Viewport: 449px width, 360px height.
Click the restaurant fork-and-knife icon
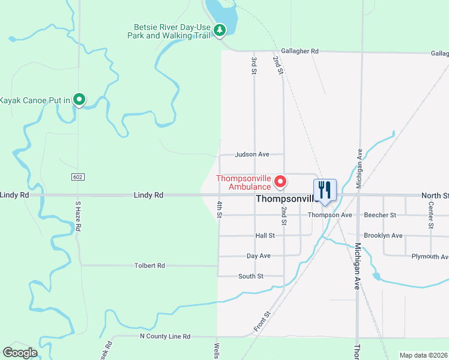pyautogui.click(x=325, y=190)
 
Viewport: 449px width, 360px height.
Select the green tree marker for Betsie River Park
pyautogui.click(x=220, y=29)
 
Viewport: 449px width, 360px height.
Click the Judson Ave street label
pyautogui.click(x=252, y=154)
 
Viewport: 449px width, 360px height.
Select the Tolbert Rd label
pyautogui.click(x=149, y=265)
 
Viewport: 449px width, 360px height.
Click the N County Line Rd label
pyautogui.click(x=164, y=337)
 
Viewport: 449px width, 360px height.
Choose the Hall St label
pyautogui.click(x=265, y=236)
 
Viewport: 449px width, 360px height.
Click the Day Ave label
pyautogui.click(x=259, y=256)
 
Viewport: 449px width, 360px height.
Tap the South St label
pyautogui.click(x=251, y=276)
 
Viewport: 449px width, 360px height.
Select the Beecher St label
pyautogui.click(x=380, y=215)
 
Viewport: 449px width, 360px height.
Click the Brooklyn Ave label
pyautogui.click(x=383, y=236)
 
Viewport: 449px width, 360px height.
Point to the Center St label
pyautogui.click(x=431, y=215)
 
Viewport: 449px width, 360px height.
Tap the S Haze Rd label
pyautogui.click(x=77, y=217)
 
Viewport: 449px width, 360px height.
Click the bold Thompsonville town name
pyautogui.click(x=287, y=199)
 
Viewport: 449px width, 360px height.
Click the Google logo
pyautogui.click(x=20, y=353)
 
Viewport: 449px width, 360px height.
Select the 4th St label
pyautogui.click(x=220, y=210)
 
